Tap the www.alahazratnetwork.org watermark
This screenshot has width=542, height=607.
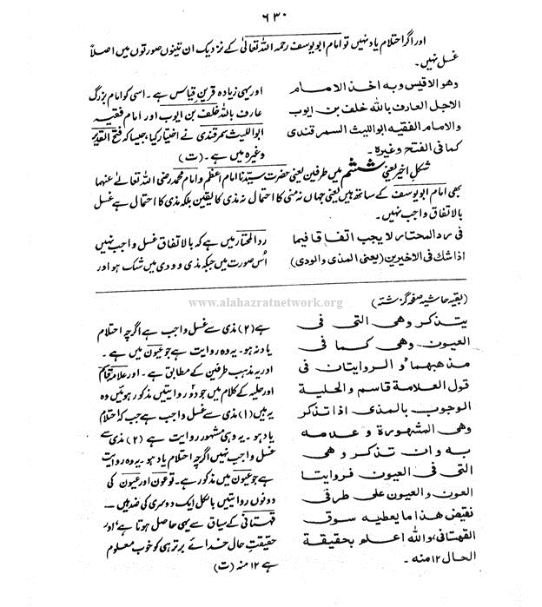coord(266,303)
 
